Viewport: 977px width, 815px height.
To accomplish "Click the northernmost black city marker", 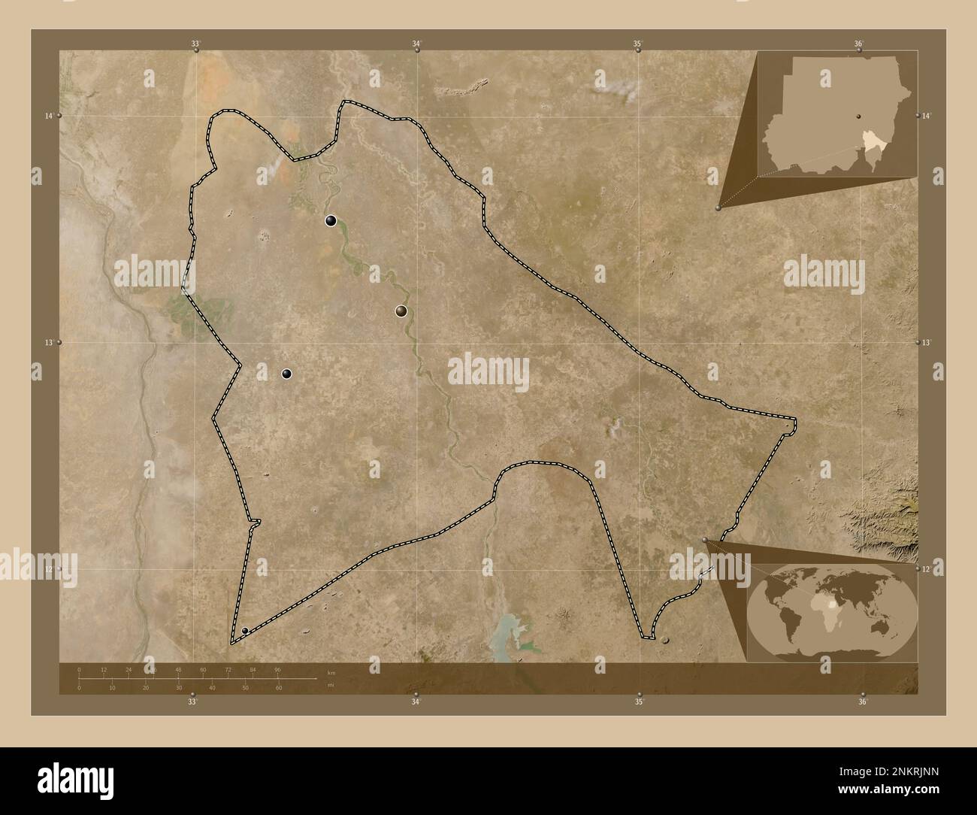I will (330, 220).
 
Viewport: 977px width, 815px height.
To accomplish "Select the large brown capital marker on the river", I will (403, 311).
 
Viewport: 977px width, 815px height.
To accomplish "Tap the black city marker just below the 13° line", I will (286, 374).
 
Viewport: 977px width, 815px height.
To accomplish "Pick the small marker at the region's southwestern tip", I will (245, 630).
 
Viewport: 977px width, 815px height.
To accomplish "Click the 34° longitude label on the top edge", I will (416, 44).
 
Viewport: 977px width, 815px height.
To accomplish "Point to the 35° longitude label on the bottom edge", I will (638, 703).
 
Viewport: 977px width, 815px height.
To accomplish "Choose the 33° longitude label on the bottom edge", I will (192, 703).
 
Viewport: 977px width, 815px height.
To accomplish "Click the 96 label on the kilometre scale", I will (277, 669).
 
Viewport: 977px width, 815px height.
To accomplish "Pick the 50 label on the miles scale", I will (245, 688).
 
